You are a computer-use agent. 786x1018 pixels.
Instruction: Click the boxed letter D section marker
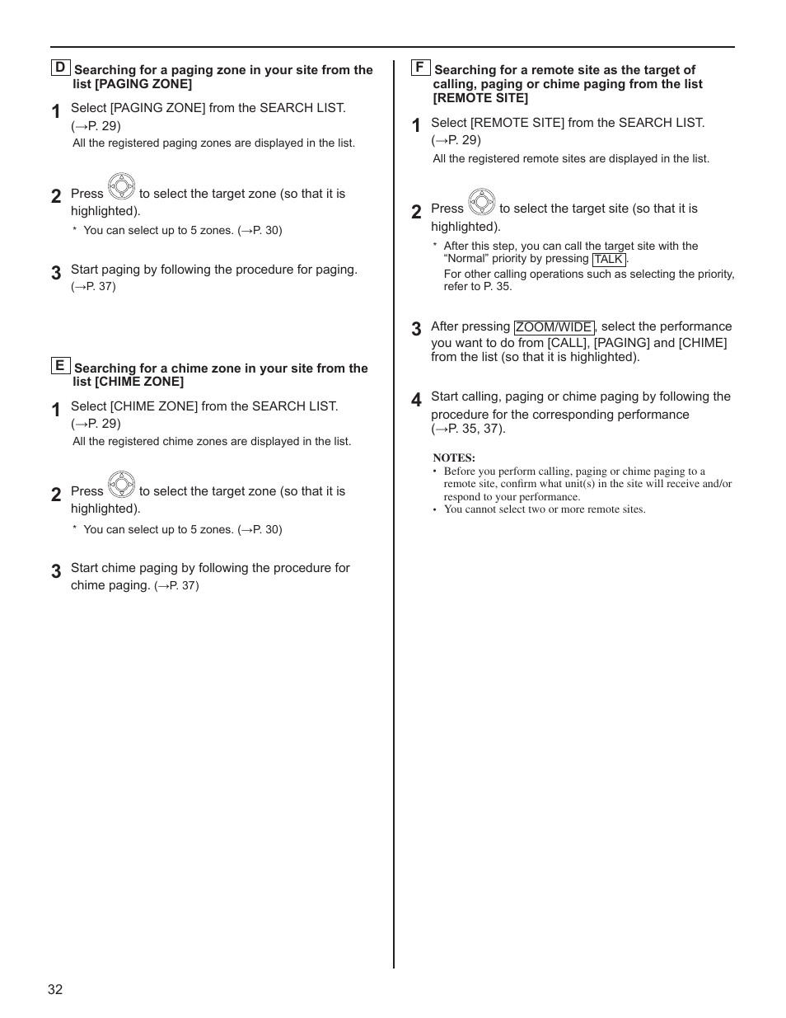tap(60, 68)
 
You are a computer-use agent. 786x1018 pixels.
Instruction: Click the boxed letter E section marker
tap(59, 365)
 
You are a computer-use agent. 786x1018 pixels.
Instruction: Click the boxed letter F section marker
tap(420, 68)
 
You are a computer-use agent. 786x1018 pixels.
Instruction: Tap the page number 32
tap(55, 989)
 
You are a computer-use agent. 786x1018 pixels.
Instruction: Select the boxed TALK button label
tap(609, 259)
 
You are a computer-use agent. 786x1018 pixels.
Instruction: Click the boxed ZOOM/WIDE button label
tap(554, 327)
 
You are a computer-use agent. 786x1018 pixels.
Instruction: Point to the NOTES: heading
tap(454, 457)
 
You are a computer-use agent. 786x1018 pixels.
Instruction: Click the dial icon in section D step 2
tap(121, 187)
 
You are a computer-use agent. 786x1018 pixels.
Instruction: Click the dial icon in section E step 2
tap(121, 485)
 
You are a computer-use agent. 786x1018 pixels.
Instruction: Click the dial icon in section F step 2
tap(481, 202)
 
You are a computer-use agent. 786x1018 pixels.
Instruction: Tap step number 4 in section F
tap(416, 400)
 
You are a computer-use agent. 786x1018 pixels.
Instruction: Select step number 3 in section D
tap(56, 273)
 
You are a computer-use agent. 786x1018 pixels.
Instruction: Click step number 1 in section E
tap(56, 410)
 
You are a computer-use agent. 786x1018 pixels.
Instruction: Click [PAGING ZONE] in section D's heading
tap(143, 84)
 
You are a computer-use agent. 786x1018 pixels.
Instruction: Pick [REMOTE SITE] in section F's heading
tap(480, 98)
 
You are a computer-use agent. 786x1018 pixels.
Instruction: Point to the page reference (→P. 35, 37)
tap(468, 429)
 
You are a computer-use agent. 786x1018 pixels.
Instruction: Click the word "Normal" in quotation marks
tap(466, 259)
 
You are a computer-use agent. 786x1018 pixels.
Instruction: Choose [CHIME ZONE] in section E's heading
tap(139, 382)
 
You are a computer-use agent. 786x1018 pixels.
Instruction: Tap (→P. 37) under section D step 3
tap(93, 287)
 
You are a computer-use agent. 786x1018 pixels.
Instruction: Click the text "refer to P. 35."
tap(478, 287)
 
